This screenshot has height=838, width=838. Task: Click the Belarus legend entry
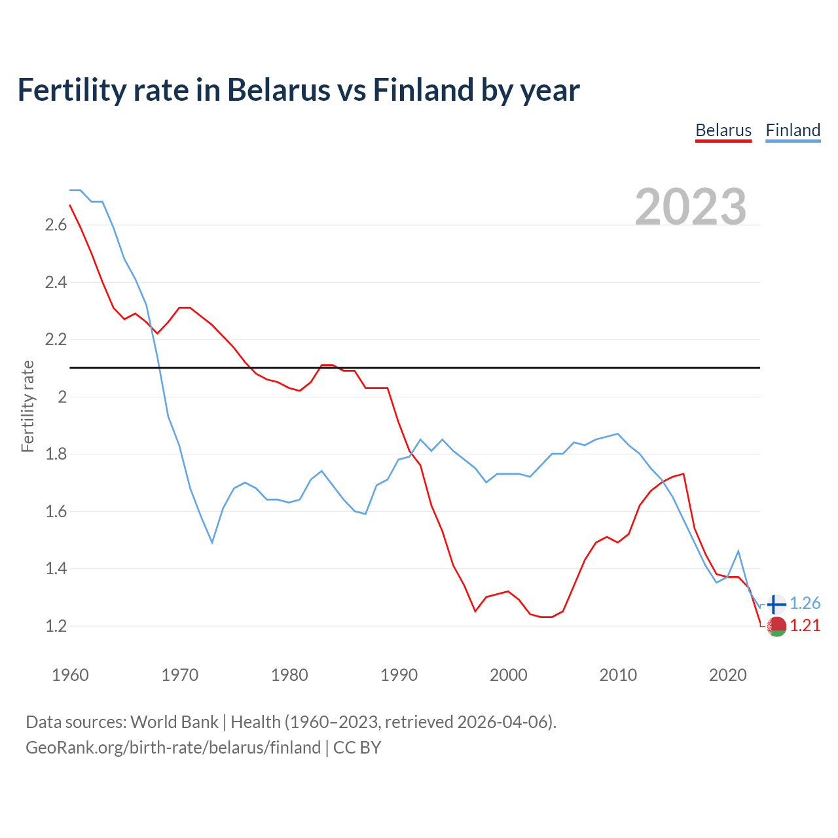tap(723, 130)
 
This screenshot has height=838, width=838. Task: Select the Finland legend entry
tap(793, 130)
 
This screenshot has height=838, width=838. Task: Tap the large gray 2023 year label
tap(691, 207)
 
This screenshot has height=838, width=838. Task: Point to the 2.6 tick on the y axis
tap(56, 225)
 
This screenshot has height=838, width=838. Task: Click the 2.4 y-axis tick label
tap(56, 283)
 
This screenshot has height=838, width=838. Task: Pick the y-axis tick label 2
tap(63, 397)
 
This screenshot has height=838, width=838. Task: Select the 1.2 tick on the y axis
tap(56, 627)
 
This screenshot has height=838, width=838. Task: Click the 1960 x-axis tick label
tap(70, 675)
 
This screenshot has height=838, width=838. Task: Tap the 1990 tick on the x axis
tap(399, 675)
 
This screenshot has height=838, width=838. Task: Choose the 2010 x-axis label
tap(618, 675)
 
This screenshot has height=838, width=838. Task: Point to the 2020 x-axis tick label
tap(727, 675)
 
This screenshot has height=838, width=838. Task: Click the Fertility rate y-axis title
tap(27, 406)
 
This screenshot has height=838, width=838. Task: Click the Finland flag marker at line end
tap(776, 604)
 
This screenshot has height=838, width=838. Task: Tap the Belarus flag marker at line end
tap(776, 627)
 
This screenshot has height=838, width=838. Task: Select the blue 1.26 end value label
tap(805, 604)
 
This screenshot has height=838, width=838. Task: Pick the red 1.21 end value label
tap(805, 626)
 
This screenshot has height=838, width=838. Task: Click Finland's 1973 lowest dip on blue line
tap(212, 542)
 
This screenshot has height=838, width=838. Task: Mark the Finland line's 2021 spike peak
tap(738, 551)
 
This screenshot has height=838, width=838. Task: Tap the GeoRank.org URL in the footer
tap(173, 748)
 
